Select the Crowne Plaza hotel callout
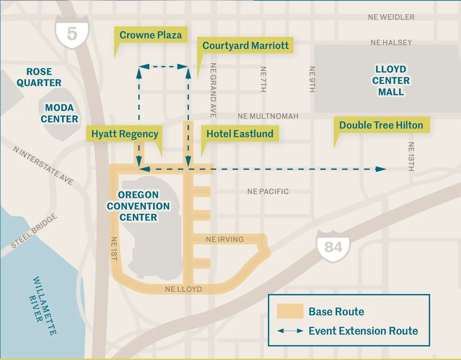point(151,35)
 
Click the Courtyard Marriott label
point(245,45)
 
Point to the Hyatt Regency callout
point(125,134)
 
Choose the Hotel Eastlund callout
point(240,134)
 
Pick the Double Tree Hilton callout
point(381,125)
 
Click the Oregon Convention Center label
point(138,206)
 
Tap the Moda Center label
point(59,113)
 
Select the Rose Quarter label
point(39,77)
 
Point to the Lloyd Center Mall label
point(391,81)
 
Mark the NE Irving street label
point(225,239)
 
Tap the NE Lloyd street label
point(183,289)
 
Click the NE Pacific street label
point(268,192)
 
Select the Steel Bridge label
point(34,231)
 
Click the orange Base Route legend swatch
point(290,311)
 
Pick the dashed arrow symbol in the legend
point(290,331)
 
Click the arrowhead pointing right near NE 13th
point(381,169)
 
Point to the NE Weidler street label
point(391,17)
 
